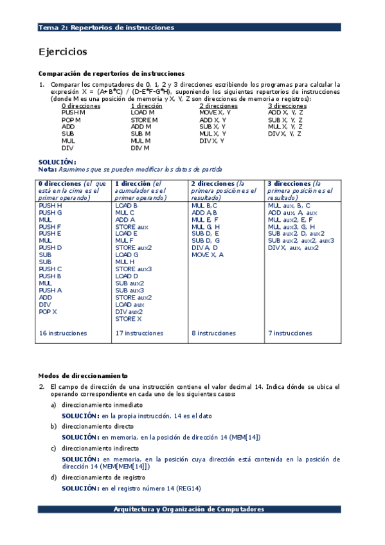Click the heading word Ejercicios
tap(63, 52)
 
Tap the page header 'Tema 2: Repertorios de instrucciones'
tap(106, 28)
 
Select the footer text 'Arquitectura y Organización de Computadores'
tap(188, 509)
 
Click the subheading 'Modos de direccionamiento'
tap(83, 375)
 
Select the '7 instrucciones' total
tap(290, 334)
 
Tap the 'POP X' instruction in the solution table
tap(48, 312)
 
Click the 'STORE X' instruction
tap(129, 319)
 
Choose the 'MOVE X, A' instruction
tap(208, 255)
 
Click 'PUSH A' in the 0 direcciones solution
tap(50, 290)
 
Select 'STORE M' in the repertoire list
tap(145, 120)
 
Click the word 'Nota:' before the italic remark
tap(48, 170)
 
